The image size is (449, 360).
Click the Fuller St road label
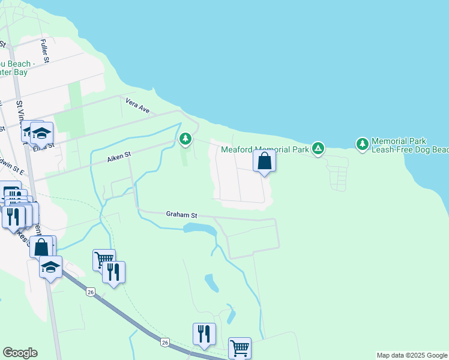(45, 50)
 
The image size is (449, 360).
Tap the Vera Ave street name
(137, 106)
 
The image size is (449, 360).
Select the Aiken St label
(119, 157)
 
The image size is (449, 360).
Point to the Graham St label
(181, 214)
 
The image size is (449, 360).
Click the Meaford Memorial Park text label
(265, 149)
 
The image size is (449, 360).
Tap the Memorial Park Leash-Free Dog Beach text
(410, 145)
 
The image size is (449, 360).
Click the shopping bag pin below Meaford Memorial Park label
(264, 161)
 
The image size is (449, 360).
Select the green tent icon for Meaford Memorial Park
(318, 148)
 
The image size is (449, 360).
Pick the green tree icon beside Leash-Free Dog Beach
(362, 144)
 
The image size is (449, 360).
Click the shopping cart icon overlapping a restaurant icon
(103, 260)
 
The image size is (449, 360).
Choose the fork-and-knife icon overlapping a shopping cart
(113, 272)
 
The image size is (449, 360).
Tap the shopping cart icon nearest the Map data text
(239, 347)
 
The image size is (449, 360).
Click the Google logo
(20, 353)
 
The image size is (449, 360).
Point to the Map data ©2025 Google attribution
(411, 355)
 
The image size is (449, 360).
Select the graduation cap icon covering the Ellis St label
(41, 133)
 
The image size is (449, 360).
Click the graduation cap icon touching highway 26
(51, 267)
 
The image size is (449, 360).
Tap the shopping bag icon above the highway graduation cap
(41, 247)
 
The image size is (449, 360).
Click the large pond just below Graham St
(200, 229)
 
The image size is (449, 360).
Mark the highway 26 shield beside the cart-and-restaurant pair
(91, 292)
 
